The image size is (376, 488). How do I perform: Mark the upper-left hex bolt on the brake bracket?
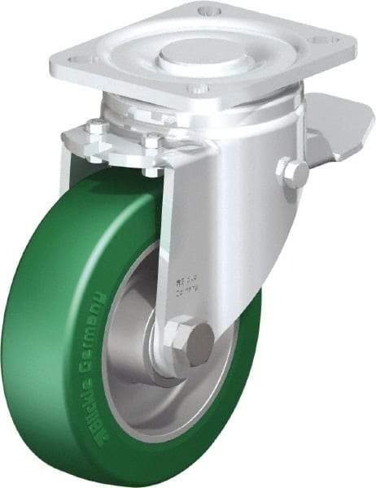(95, 129)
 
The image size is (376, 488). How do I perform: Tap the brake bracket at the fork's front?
(122, 150)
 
